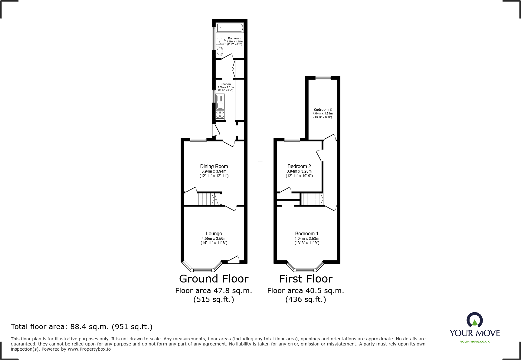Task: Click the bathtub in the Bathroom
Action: click(x=230, y=28)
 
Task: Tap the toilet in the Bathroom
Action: click(x=222, y=41)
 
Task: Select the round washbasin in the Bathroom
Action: click(x=220, y=51)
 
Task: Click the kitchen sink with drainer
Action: click(x=220, y=102)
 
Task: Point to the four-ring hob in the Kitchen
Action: click(x=220, y=114)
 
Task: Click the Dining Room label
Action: click(x=214, y=166)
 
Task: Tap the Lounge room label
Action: click(x=214, y=233)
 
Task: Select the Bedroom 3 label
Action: click(x=323, y=110)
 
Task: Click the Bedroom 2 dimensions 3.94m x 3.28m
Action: click(x=299, y=171)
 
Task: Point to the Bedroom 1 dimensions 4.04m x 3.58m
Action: click(x=307, y=239)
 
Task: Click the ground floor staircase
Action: click(x=207, y=199)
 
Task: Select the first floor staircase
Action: click(x=312, y=199)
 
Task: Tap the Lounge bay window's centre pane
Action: click(x=203, y=270)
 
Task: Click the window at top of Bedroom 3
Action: click(x=323, y=78)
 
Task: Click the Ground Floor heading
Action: click(x=214, y=279)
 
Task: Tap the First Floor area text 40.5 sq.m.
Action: click(x=306, y=291)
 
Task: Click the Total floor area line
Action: click(x=82, y=327)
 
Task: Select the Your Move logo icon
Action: click(x=474, y=320)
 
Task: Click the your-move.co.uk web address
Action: click(x=475, y=342)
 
